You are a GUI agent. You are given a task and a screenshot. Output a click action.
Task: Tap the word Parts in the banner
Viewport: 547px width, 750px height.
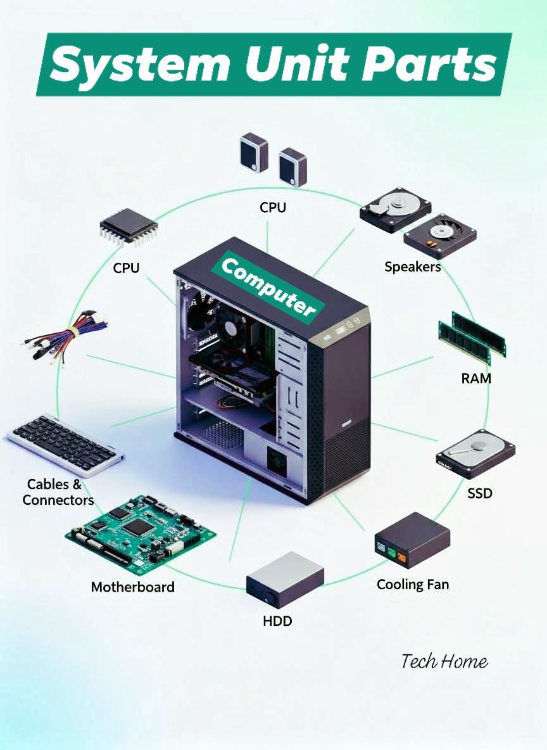pos(429,63)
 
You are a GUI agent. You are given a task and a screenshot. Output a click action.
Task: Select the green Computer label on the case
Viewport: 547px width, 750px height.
pos(268,286)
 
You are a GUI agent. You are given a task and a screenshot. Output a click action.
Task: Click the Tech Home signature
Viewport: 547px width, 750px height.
pos(444,661)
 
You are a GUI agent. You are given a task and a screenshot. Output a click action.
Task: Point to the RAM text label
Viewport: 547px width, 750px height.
pos(476,378)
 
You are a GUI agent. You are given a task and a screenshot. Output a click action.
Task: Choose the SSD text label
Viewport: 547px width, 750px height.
pos(480,493)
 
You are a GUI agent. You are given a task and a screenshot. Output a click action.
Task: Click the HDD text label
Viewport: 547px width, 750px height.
pos(277,621)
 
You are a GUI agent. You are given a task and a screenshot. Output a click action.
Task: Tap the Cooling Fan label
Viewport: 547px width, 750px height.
pos(413,585)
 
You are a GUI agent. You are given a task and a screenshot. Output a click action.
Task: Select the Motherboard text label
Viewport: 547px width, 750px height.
pos(132,587)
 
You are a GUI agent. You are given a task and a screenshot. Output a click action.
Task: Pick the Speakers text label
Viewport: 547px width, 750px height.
pos(413,267)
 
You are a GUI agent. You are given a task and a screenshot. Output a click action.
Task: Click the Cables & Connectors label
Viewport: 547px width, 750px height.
pos(58,492)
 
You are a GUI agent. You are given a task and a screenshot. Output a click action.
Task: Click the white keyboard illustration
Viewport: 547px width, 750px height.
pos(66,445)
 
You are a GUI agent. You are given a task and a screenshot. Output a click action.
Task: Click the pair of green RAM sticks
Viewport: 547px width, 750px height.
pos(472,338)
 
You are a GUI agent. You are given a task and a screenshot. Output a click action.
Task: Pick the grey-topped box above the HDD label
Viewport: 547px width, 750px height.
pos(285,580)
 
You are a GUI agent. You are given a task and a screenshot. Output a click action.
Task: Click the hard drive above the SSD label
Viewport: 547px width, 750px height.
pos(475,454)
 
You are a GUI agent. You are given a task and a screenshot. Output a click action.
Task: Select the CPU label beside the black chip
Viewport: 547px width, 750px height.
pos(126,268)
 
